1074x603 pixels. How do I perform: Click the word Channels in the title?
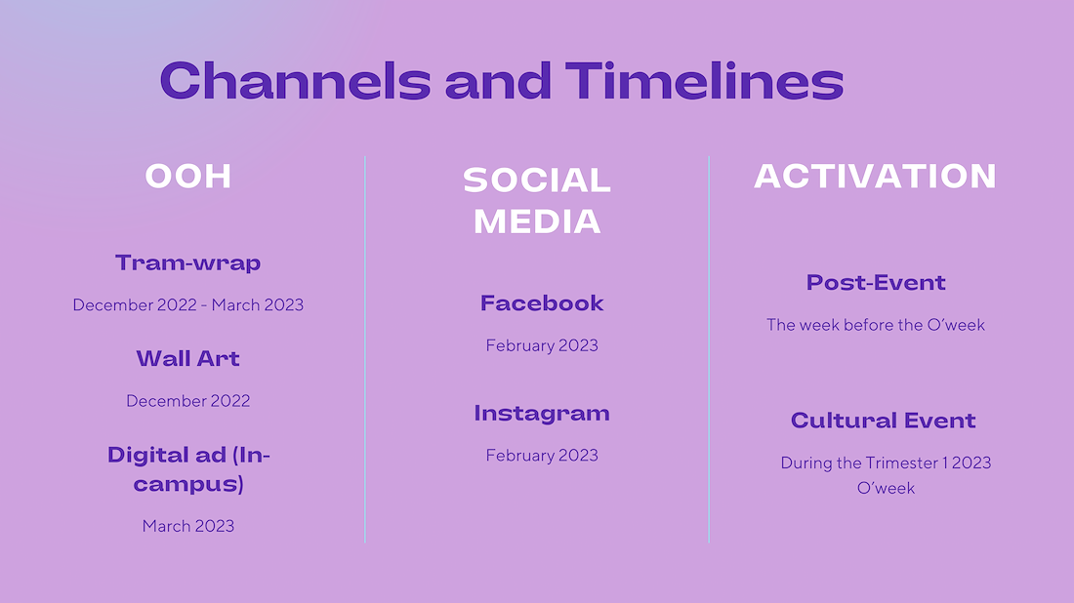295,81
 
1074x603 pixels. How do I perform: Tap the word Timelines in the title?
704,81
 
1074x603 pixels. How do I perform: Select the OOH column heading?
188,176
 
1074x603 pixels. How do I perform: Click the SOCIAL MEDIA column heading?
537,201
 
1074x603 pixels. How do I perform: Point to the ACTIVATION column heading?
876,176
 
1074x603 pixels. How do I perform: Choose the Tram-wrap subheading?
188,262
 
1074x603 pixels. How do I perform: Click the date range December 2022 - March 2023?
188,304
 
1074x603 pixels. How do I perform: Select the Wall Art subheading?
188,358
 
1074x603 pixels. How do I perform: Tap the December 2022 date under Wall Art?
188,400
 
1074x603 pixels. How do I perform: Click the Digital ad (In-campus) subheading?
189,469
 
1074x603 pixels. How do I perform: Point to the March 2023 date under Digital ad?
188,526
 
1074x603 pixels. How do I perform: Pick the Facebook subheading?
542,303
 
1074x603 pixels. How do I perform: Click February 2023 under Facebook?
542,345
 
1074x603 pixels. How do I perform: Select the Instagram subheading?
542,414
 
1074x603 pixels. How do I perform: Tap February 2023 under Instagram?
542,455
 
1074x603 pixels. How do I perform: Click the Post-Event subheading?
876,283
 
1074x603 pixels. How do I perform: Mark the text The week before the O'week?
876,324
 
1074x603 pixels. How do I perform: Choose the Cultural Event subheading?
884,421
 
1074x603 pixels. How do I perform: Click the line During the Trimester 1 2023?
887,462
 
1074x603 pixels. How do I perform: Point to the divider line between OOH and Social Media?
365,349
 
